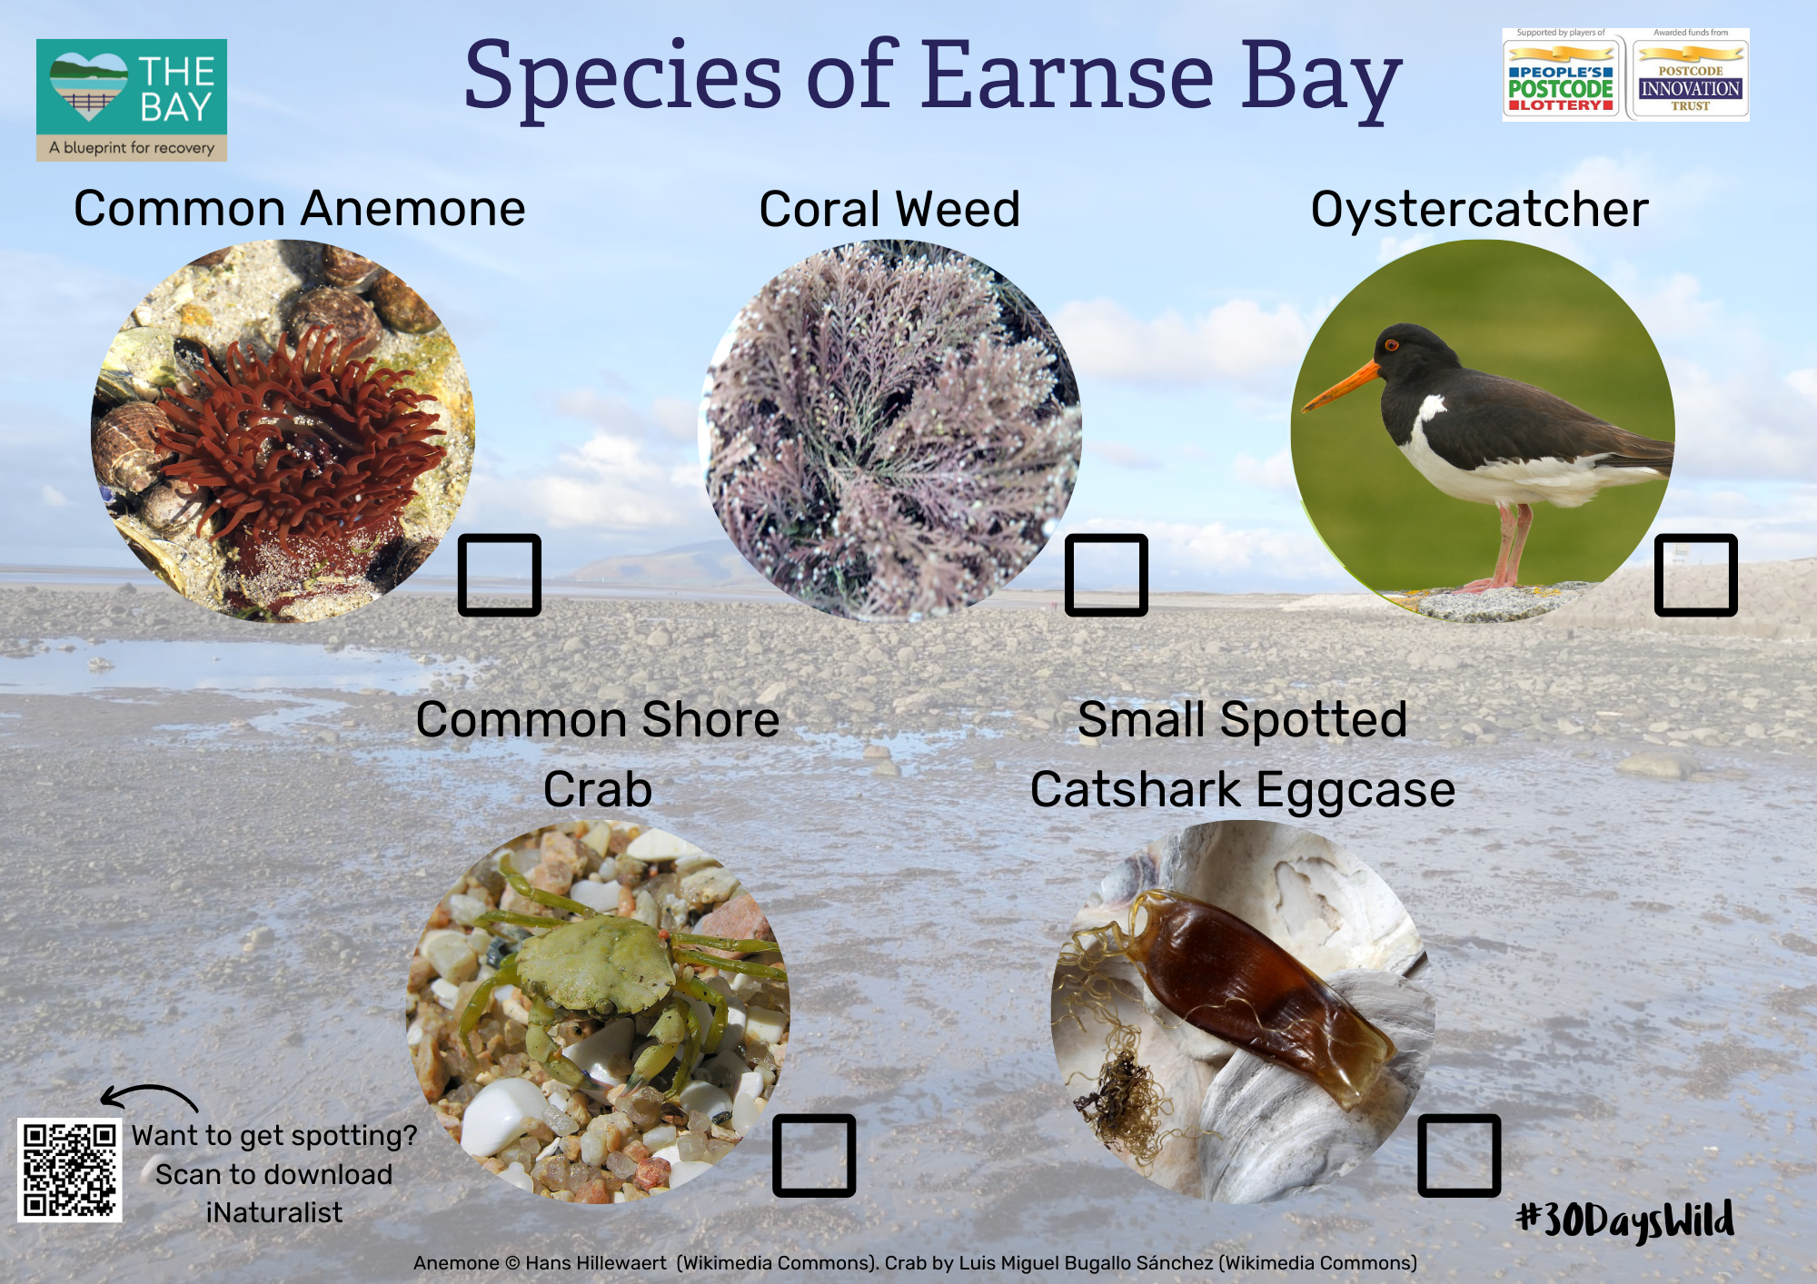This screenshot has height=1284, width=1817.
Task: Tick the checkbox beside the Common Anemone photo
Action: (x=500, y=575)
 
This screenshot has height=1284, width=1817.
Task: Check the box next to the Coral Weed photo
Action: (x=1107, y=575)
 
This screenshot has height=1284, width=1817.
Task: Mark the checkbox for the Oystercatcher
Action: (x=1696, y=575)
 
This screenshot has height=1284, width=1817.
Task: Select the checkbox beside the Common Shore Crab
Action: (x=814, y=1155)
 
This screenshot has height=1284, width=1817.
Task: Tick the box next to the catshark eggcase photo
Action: (x=1459, y=1155)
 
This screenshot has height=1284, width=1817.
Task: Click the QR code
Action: (x=70, y=1170)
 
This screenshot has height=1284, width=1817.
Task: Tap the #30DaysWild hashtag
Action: (x=1625, y=1220)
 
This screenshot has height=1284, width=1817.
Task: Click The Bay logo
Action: (x=132, y=100)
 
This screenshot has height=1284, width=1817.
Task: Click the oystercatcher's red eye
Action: (x=1391, y=344)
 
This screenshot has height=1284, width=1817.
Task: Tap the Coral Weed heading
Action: (x=889, y=209)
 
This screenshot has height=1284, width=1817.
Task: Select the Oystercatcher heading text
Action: (x=1479, y=211)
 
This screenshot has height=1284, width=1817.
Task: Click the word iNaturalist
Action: (x=274, y=1212)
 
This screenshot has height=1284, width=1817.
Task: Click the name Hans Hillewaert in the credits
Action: (x=596, y=1263)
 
